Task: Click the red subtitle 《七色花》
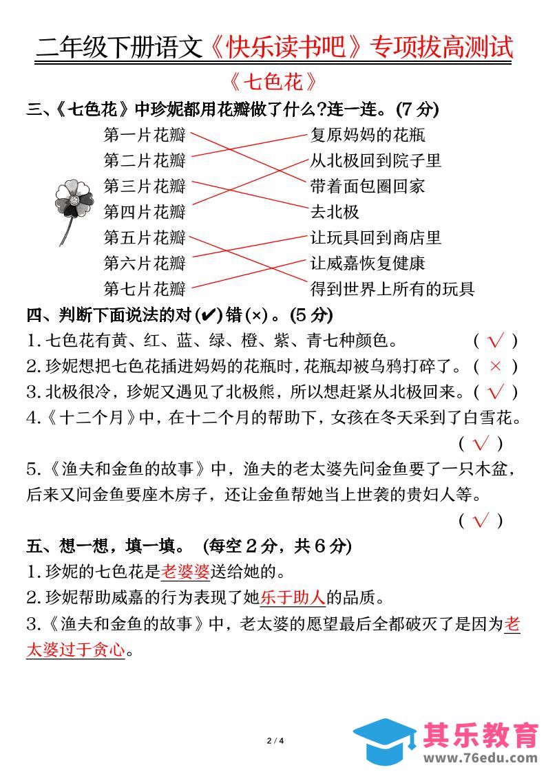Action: point(273,82)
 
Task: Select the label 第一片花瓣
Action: point(145,134)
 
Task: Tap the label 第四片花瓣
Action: point(145,211)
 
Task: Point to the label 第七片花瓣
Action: point(145,288)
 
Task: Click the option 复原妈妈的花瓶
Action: point(368,134)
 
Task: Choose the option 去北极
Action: point(335,211)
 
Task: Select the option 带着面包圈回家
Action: point(368,186)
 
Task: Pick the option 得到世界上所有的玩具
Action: point(392,288)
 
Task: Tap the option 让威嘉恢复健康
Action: point(368,263)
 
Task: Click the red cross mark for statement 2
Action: point(495,366)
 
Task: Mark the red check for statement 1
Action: point(495,341)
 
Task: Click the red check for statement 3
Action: point(495,392)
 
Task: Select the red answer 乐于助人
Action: point(293,597)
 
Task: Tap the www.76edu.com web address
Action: point(480,758)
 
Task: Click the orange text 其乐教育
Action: point(480,735)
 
